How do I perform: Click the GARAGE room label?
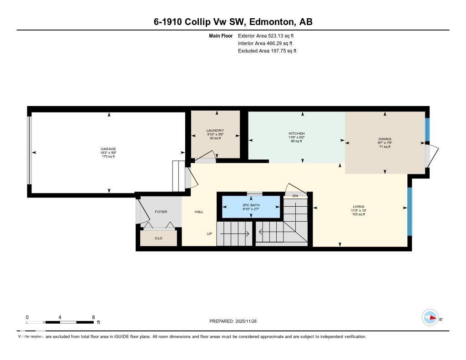coord(108,149)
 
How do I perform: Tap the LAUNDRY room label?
coord(215,131)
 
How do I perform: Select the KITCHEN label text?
coord(296,133)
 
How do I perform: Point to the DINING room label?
coord(385,139)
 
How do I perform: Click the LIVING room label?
coord(358,207)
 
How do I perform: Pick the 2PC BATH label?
coord(250,205)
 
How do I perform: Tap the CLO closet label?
coord(158,238)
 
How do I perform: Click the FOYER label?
coord(161,212)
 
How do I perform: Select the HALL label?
coord(199,212)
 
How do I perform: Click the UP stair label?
coord(209,234)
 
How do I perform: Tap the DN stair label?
coord(295,196)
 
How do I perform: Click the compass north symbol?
coord(430,317)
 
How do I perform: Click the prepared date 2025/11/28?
coord(249,321)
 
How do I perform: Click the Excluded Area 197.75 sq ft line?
coord(267,51)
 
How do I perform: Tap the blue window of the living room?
coord(409,211)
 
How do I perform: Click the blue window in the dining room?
coord(427,130)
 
